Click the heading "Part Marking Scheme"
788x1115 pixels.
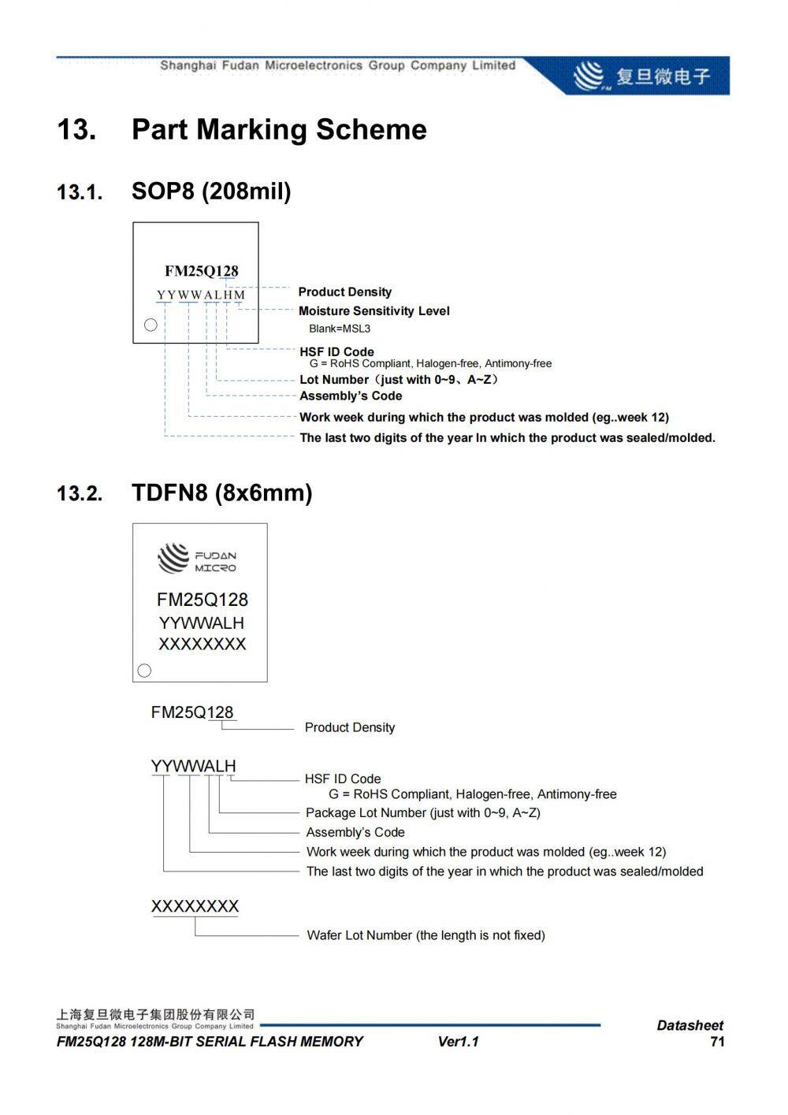279,130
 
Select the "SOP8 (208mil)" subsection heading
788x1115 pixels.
211,191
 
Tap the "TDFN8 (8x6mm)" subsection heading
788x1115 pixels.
221,493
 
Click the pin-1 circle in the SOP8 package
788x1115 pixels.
151,325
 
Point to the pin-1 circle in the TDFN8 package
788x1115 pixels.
144,671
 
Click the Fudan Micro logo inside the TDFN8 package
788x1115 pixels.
197,559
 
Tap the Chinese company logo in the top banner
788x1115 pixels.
642,76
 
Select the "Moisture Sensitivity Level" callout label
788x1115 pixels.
374,311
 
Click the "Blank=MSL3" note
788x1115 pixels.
339,329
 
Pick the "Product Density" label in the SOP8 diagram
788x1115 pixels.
344,292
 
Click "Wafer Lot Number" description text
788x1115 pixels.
426,935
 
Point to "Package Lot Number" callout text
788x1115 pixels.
422,812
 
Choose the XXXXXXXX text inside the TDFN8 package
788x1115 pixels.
203,645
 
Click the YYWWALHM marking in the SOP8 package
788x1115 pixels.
201,295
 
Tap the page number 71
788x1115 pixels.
716,1042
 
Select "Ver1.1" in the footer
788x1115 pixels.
458,1042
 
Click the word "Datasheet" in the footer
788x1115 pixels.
689,1025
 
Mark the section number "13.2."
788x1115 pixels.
80,494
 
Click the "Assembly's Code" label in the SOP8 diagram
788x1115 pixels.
351,396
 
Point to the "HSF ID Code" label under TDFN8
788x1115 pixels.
343,779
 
